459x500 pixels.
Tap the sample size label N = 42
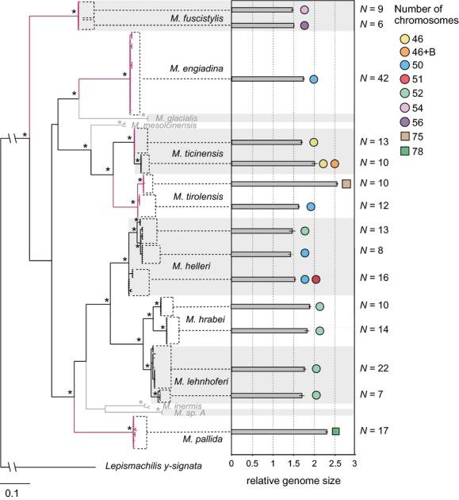click(x=373, y=79)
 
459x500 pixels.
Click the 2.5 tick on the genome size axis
click(x=334, y=463)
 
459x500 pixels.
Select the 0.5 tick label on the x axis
click(x=251, y=463)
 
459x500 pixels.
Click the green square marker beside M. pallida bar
click(x=336, y=431)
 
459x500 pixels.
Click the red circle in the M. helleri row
click(x=316, y=279)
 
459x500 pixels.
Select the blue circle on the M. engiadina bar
click(x=313, y=79)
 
